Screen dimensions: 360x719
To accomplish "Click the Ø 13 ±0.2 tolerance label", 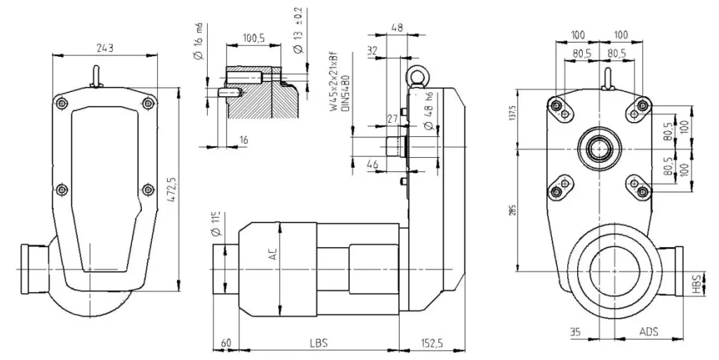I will (297, 31).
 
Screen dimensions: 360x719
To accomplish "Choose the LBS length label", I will (318, 343).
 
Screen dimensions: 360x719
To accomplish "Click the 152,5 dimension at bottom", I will (434, 343).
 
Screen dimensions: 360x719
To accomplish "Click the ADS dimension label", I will (648, 331).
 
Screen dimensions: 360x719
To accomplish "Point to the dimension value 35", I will (576, 331).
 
